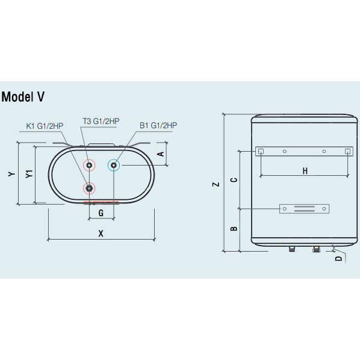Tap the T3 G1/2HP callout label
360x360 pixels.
coord(101,121)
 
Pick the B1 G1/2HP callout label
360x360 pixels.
coord(158,125)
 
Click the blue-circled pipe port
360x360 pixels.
coord(114,165)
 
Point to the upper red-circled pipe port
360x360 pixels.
coord(89,165)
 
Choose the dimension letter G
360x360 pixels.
coord(101,213)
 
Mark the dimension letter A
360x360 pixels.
coord(160,154)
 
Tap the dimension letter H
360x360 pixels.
coord(305,171)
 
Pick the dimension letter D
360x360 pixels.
coord(338,258)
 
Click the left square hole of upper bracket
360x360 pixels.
coord(261,151)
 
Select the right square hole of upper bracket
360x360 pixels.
coord(347,151)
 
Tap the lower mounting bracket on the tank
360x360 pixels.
coord(304,209)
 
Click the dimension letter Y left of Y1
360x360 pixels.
coord(11,174)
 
